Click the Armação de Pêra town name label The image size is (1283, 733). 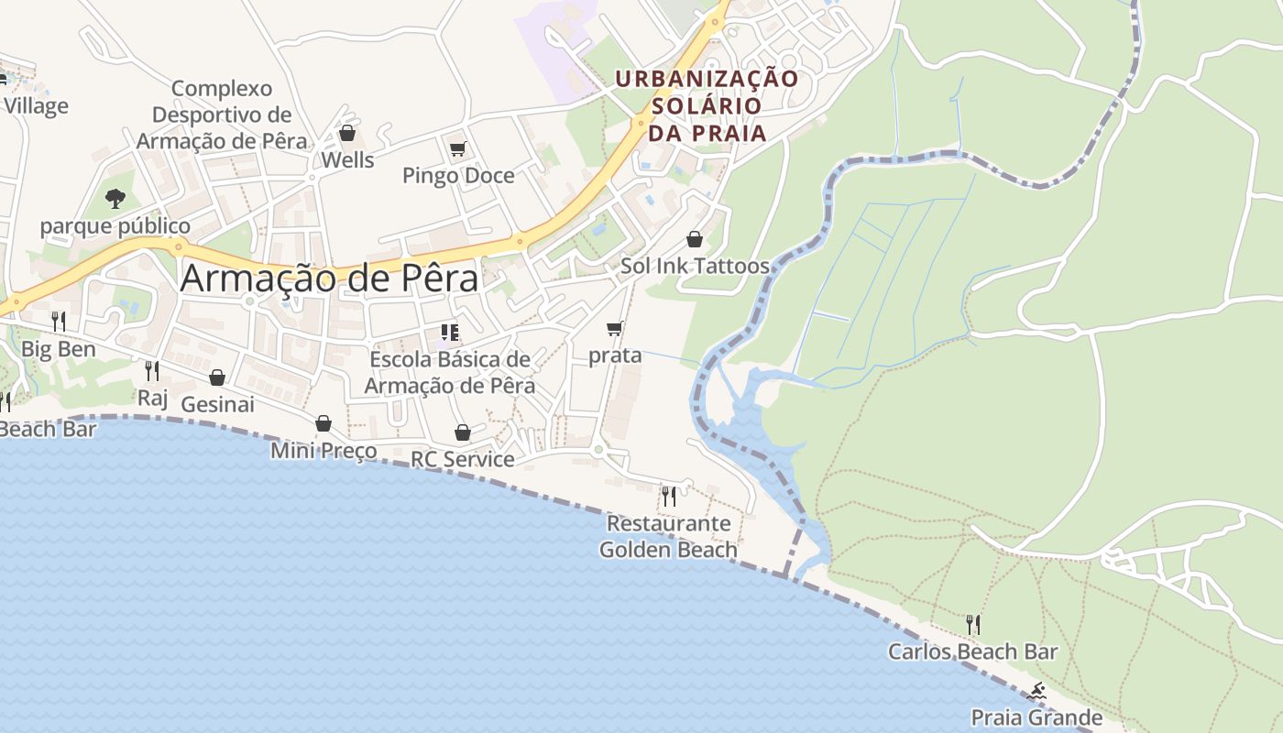click(x=329, y=279)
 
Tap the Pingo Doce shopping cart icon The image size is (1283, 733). click(x=458, y=148)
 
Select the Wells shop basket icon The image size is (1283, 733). click(x=347, y=134)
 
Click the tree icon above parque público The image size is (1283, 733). click(x=115, y=198)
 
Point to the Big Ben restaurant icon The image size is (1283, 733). click(x=59, y=321)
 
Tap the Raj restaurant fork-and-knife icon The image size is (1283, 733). click(x=152, y=370)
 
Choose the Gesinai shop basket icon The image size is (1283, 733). click(x=217, y=377)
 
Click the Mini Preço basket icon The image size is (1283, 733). click(x=323, y=423)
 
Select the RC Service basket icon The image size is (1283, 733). click(x=463, y=432)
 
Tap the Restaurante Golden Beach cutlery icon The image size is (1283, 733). click(x=669, y=497)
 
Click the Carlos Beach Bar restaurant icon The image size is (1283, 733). click(x=973, y=625)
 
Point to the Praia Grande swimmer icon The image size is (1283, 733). click(x=1036, y=691)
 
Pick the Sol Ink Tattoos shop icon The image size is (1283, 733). click(x=695, y=240)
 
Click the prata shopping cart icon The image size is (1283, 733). click(x=615, y=328)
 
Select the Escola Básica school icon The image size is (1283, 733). click(x=449, y=332)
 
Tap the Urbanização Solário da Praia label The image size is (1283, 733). click(x=707, y=105)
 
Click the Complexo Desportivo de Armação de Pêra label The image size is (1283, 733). click(x=222, y=115)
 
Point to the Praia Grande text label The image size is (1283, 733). click(x=1036, y=717)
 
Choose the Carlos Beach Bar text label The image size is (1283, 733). click(x=972, y=651)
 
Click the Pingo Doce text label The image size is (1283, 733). click(x=458, y=175)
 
